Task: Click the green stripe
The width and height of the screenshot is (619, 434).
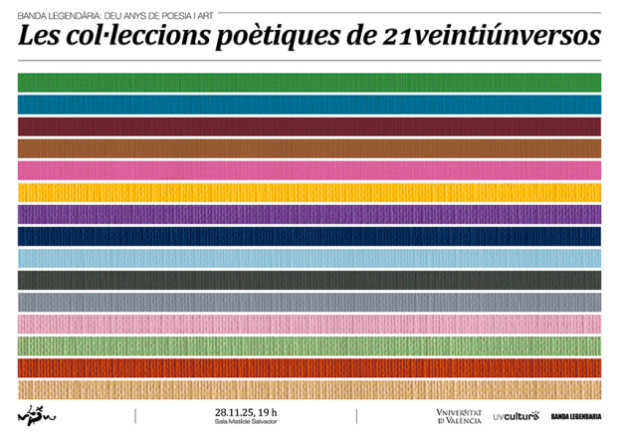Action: [309, 82]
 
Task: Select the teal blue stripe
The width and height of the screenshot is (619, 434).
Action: [309, 104]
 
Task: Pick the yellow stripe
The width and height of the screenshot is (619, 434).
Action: [309, 192]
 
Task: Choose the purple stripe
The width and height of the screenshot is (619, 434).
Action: [309, 214]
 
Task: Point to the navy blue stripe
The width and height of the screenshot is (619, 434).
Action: [309, 236]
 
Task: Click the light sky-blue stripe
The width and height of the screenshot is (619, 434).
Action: [309, 258]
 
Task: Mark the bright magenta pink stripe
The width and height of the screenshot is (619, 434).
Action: [309, 170]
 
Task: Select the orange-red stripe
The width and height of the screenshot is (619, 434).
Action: [309, 367]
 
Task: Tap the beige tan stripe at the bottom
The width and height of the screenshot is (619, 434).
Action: [309, 389]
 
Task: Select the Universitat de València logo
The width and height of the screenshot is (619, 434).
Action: [459, 416]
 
